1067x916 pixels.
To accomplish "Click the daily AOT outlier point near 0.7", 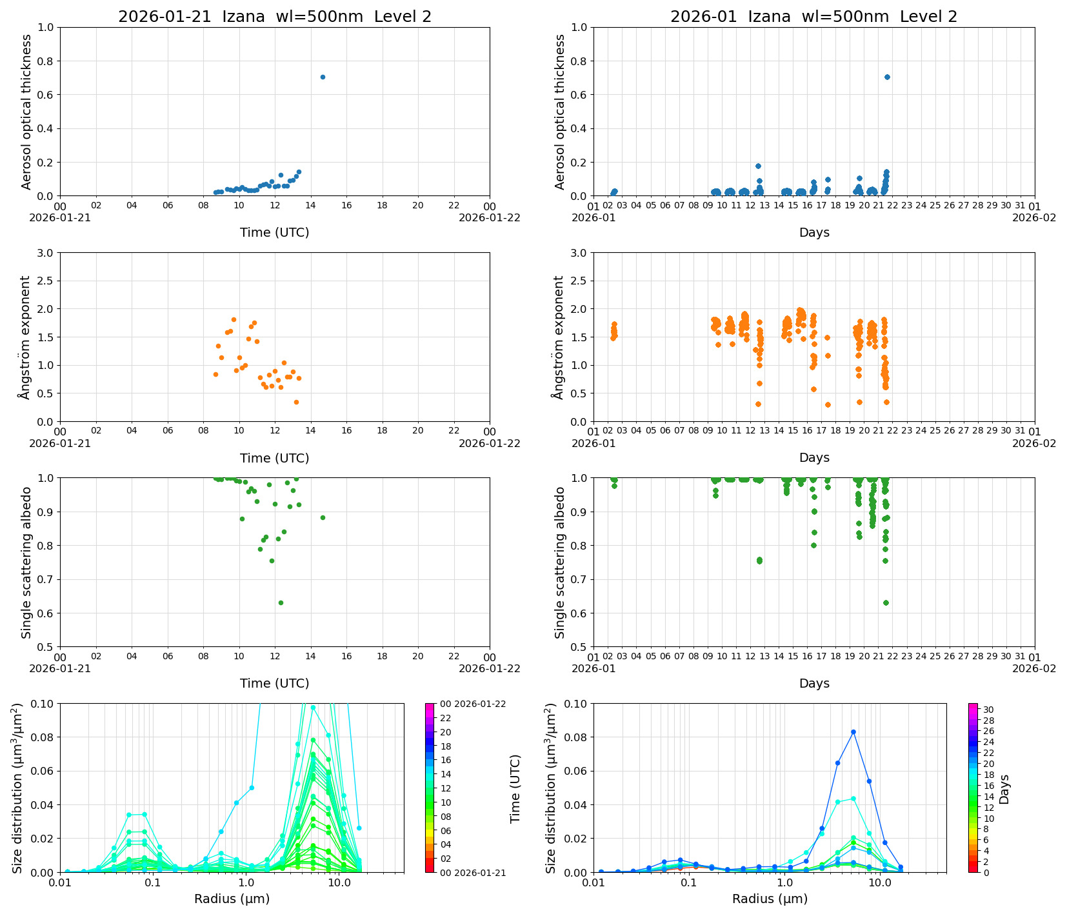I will pyautogui.click(x=323, y=77).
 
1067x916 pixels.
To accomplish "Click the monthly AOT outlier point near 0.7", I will pyautogui.click(x=887, y=77).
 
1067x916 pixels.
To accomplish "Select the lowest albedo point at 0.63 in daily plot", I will pyautogui.click(x=281, y=602).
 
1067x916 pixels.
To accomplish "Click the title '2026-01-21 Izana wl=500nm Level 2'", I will pyautogui.click(x=275, y=17).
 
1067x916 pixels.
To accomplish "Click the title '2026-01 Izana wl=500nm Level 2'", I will pyautogui.click(x=813, y=17).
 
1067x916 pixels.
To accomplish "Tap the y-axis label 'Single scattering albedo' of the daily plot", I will pyautogui.click(x=26, y=563).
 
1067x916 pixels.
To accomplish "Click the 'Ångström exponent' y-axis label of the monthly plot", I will pyautogui.click(x=559, y=337).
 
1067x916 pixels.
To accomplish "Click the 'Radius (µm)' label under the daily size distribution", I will pyautogui.click(x=232, y=899).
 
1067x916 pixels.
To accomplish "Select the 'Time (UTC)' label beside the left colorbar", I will pyautogui.click(x=515, y=788).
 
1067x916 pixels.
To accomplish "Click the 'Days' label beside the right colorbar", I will pyautogui.click(x=1004, y=788).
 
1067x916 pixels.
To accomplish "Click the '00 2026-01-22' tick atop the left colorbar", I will pyautogui.click(x=473, y=704).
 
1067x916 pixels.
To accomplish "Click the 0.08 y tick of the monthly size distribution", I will pyautogui.click(x=577, y=737).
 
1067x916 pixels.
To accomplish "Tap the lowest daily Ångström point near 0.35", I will pyautogui.click(x=296, y=402).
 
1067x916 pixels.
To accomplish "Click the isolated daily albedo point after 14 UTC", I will pyautogui.click(x=323, y=517).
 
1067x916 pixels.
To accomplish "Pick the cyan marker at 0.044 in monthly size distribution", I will pyautogui.click(x=853, y=799).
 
